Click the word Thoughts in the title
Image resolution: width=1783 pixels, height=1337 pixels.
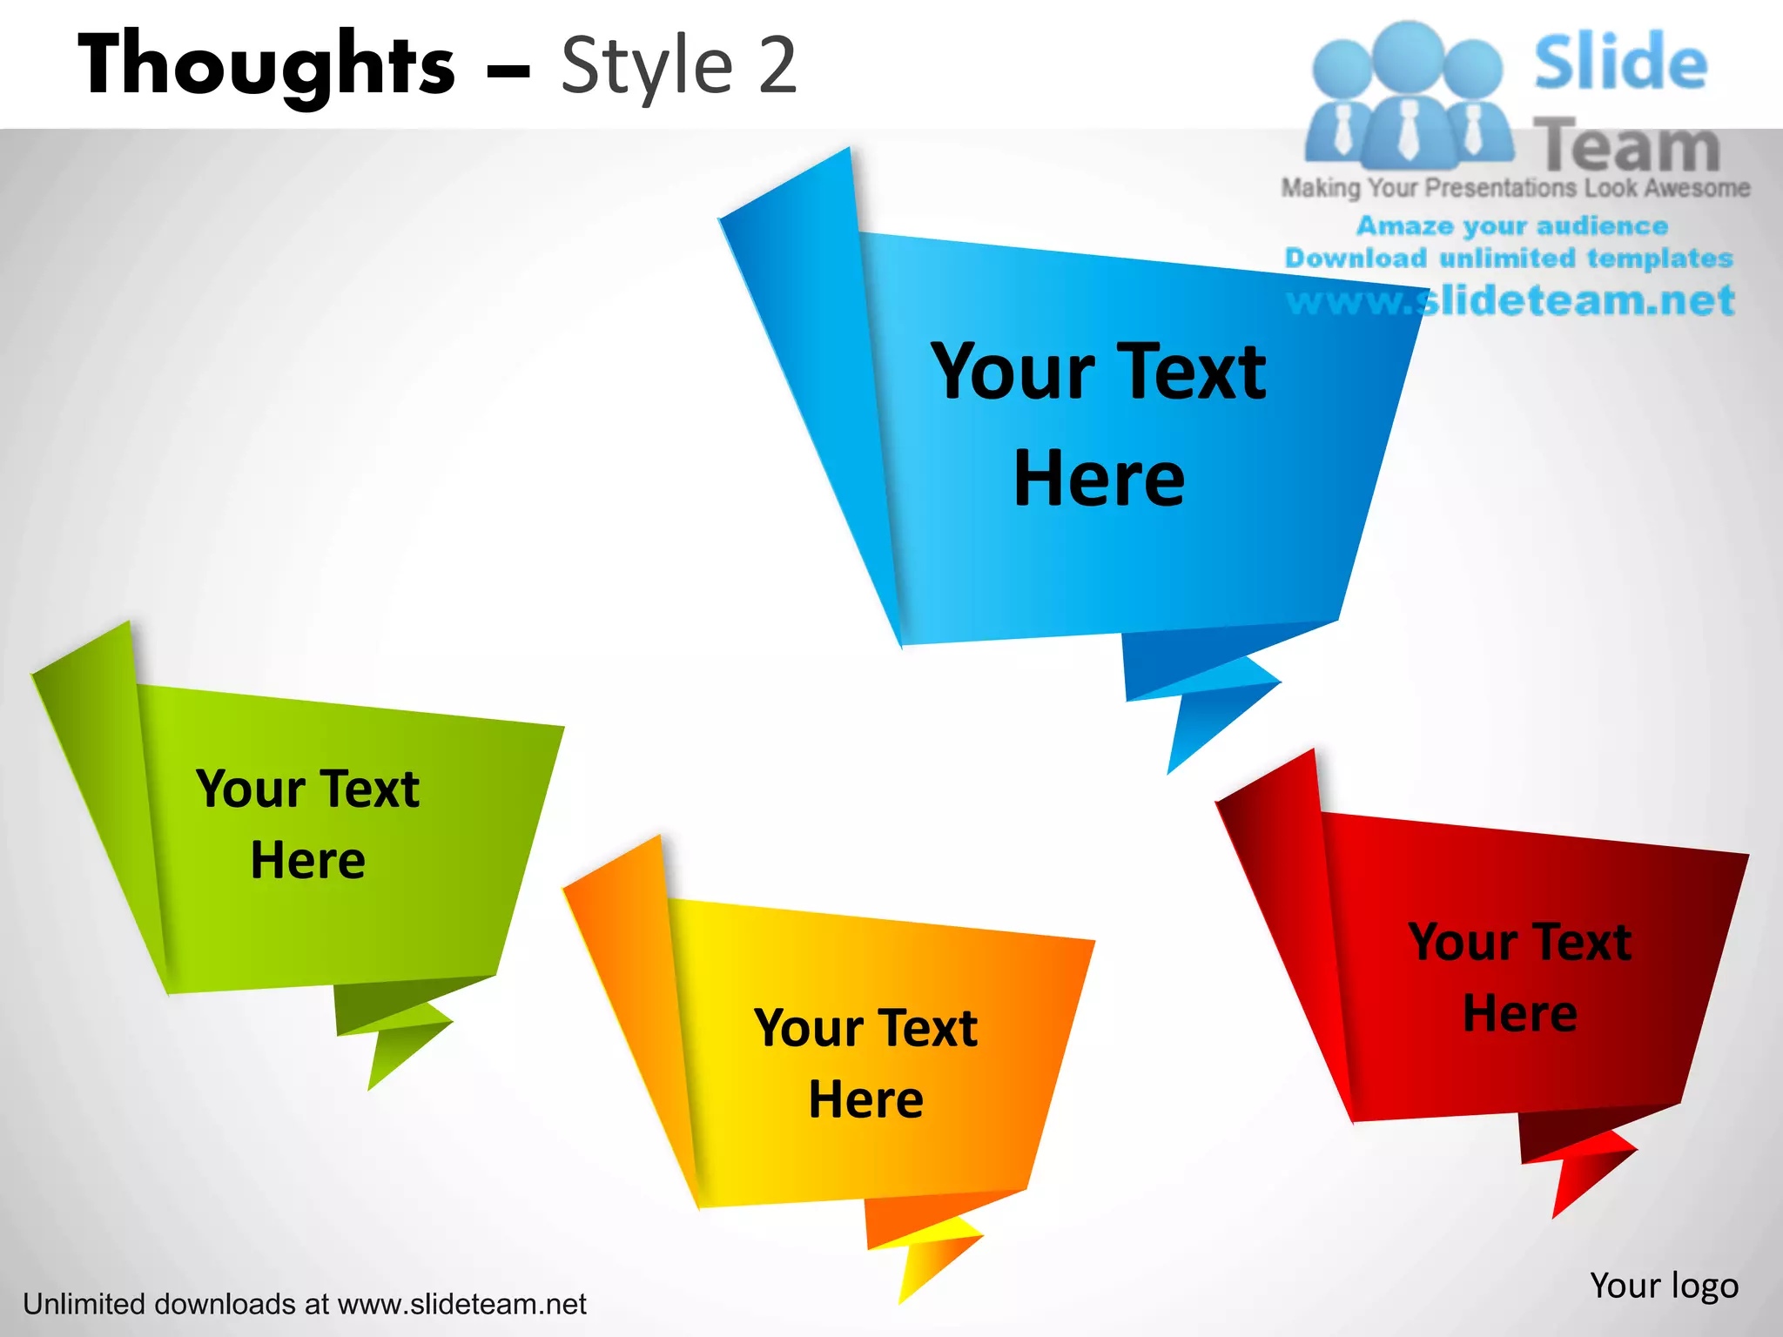[266, 64]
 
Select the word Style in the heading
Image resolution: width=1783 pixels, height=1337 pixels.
[647, 66]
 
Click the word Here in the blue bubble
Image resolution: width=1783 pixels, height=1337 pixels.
[1099, 479]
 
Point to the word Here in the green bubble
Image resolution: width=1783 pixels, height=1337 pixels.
[307, 861]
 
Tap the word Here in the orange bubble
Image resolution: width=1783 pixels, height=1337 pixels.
[865, 1099]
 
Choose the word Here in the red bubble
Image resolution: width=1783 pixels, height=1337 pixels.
[1519, 1013]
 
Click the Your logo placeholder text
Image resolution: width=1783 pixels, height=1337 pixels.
[1664, 1286]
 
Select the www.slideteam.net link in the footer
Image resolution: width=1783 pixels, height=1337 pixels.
[461, 1304]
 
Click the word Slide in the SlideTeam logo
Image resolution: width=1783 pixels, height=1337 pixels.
[1620, 63]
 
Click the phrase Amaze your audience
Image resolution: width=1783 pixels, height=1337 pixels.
[1512, 226]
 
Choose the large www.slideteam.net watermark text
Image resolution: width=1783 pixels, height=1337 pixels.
[1511, 301]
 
